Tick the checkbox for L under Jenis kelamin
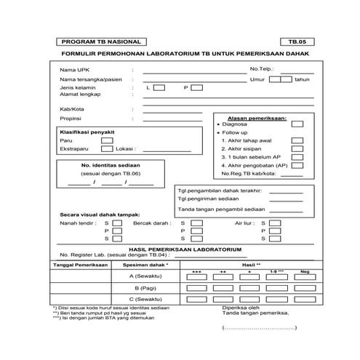(x=159, y=87)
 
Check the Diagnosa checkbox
(x=297, y=124)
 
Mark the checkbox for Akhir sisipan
(x=297, y=156)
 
